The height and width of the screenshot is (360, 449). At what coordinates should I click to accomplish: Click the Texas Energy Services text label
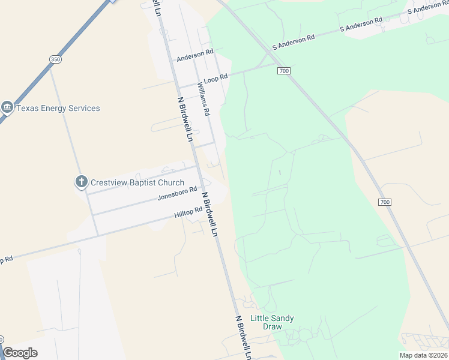[x=58, y=109]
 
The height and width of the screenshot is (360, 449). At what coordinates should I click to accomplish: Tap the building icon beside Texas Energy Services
[x=7, y=108]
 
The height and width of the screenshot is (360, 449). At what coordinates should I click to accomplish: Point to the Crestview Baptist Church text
[x=137, y=182]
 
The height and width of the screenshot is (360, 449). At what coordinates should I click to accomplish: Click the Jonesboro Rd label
[x=177, y=193]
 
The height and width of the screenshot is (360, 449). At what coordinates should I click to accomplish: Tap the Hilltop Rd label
[x=188, y=212]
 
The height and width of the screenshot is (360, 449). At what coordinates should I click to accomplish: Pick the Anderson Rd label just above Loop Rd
[x=195, y=55]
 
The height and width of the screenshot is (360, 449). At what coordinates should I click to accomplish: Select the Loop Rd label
[x=216, y=78]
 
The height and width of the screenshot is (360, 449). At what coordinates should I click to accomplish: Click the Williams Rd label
[x=203, y=99]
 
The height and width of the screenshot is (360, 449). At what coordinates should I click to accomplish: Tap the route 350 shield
[x=55, y=59]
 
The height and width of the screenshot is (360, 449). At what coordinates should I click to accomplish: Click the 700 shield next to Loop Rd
[x=284, y=71]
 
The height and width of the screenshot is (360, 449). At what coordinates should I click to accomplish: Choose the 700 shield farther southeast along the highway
[x=385, y=202]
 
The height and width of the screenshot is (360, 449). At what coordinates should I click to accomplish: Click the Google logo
[x=20, y=353]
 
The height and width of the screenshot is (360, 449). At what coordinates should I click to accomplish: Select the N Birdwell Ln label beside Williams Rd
[x=184, y=118]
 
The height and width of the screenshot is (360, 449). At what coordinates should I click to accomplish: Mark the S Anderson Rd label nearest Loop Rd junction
[x=294, y=41]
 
